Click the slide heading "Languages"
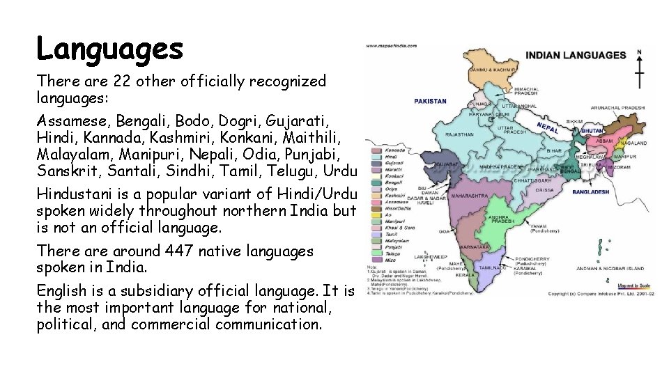(x=110, y=49)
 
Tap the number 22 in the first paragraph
(x=123, y=81)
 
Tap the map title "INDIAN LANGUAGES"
(x=576, y=55)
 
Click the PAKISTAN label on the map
(x=431, y=101)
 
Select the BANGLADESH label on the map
(x=591, y=191)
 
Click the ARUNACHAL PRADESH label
(x=617, y=108)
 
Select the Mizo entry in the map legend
(x=391, y=260)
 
